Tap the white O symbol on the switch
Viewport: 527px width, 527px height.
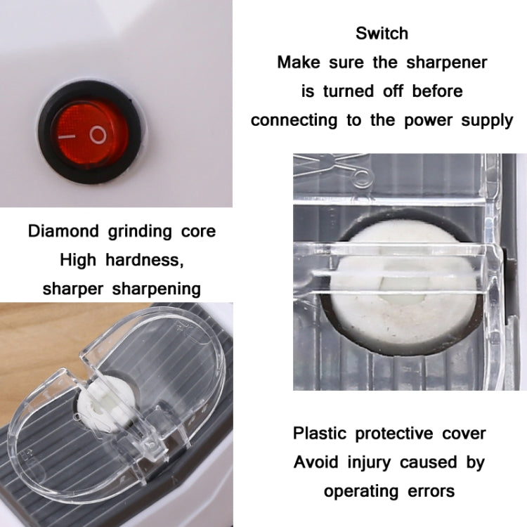(98, 134)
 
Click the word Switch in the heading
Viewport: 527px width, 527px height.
(382, 33)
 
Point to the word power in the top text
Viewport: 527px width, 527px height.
(429, 119)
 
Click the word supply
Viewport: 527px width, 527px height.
(488, 120)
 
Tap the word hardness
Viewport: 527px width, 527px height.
(148, 260)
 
